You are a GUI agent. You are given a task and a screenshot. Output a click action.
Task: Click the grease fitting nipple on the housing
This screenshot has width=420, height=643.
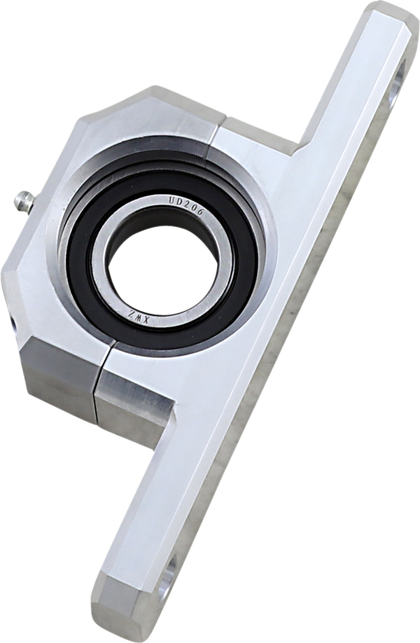point(23,201)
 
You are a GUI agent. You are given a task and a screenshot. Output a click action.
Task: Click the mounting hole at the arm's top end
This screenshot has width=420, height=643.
point(397,85)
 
